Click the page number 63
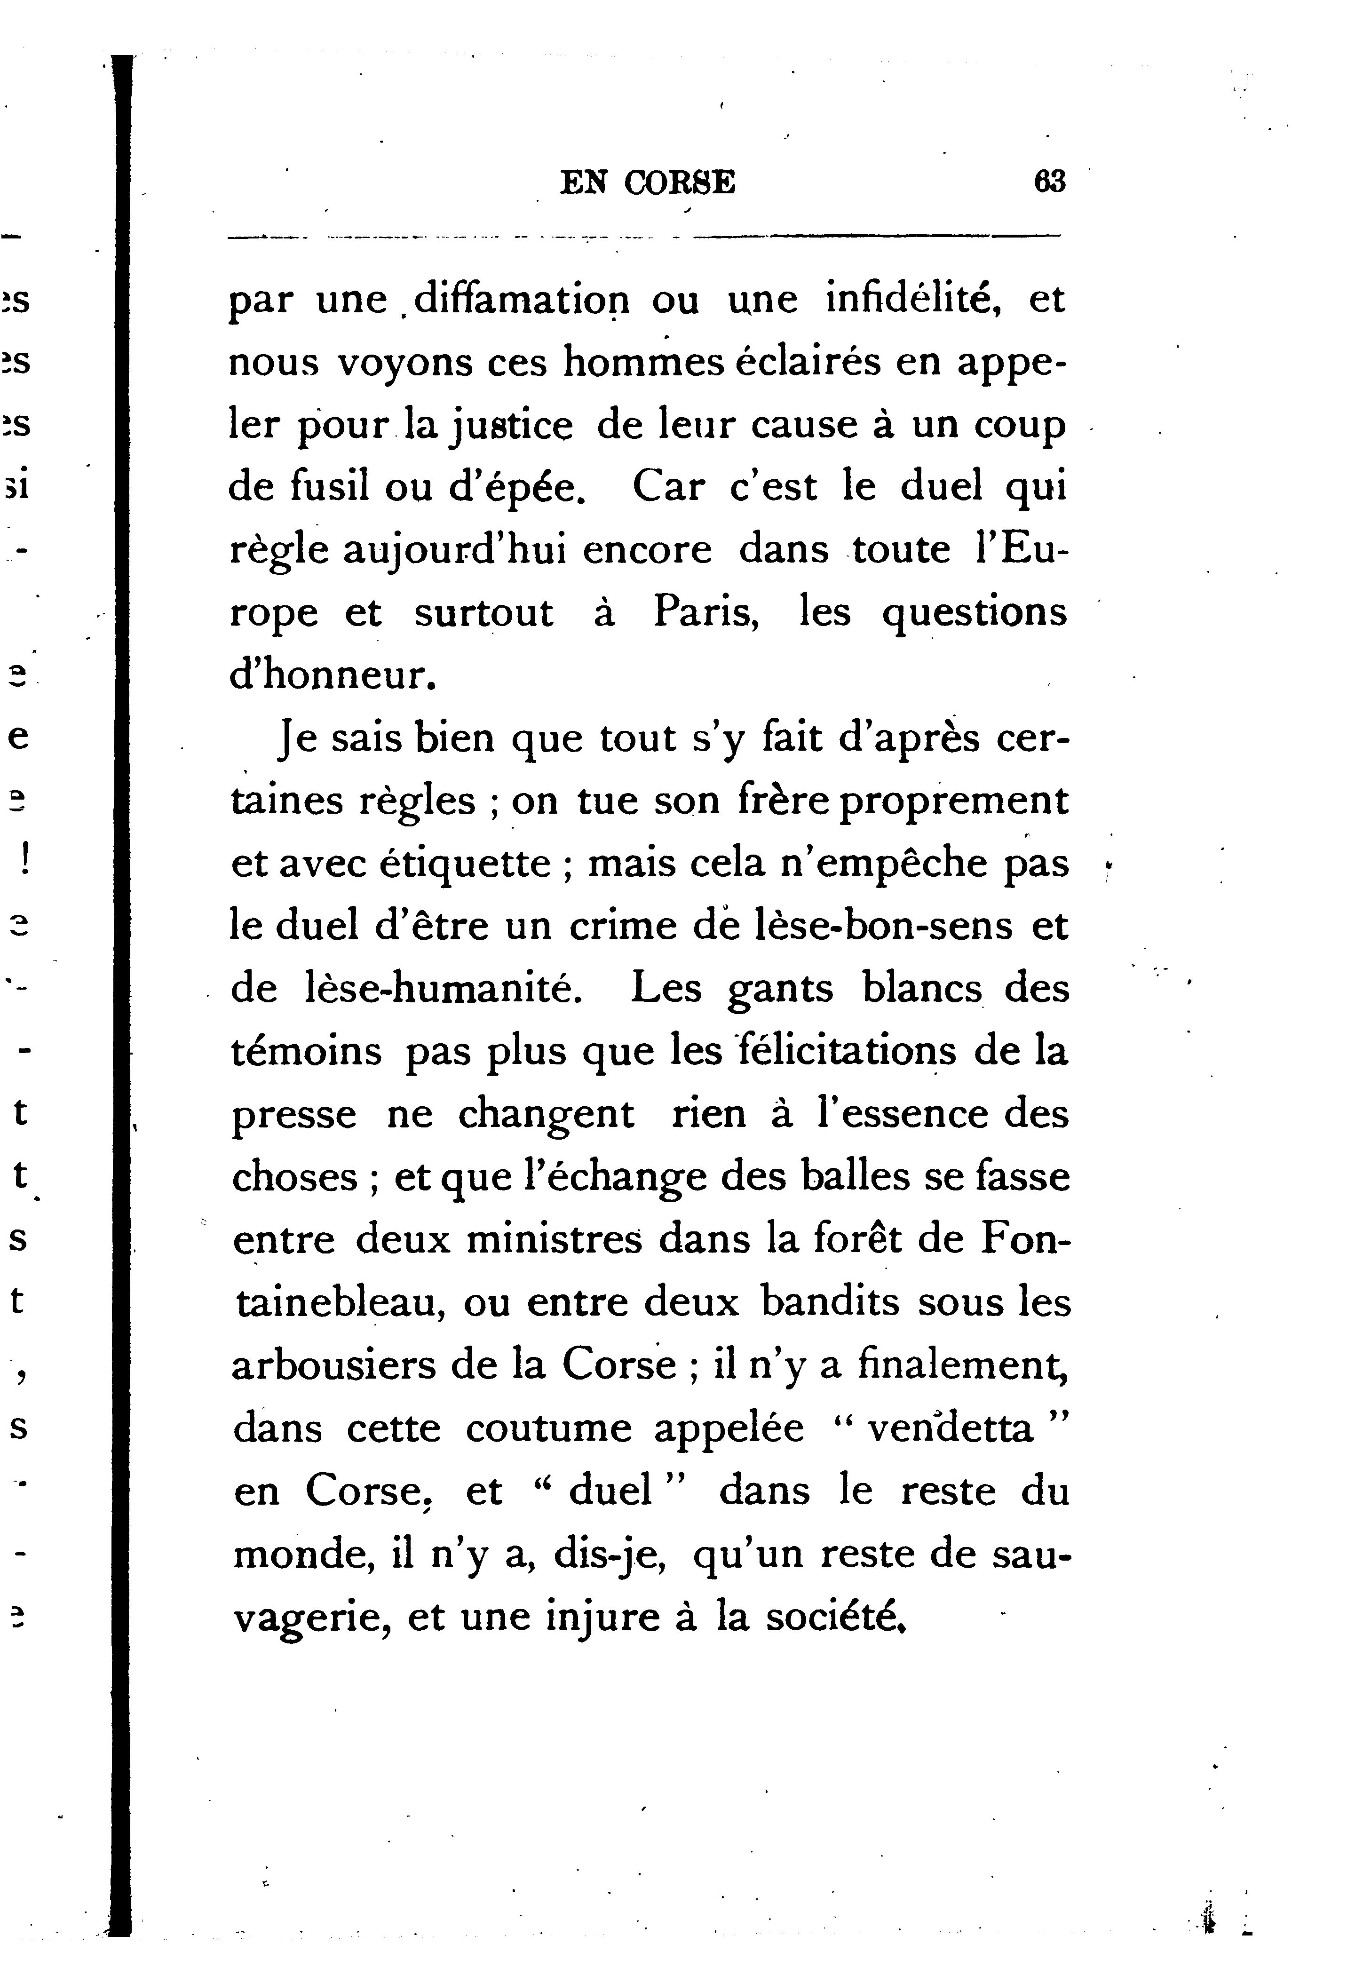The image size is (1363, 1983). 1050,183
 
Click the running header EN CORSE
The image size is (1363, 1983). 647,183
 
